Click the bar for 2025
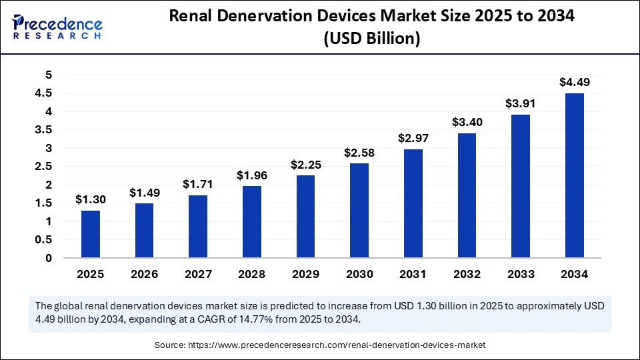pos(91,234)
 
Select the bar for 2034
pos(575,175)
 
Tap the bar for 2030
pos(359,211)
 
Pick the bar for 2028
pos(252,222)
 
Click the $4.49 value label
pos(575,83)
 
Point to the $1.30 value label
pos(91,199)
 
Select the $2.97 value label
pos(413,138)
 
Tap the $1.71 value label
pos(198,184)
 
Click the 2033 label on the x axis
pos(521,274)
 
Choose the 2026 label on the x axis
pos(145,274)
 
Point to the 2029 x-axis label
pos(306,274)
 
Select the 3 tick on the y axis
pos(48,148)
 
